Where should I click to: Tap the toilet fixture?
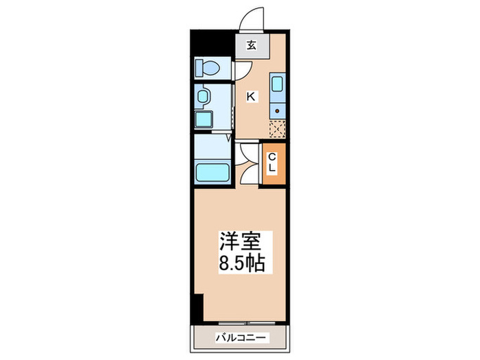(206, 68)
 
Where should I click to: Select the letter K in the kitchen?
(251, 97)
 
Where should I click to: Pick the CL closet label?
(272, 163)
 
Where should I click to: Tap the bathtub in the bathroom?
(211, 172)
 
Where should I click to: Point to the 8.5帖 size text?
(241, 262)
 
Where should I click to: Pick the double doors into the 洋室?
(246, 165)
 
